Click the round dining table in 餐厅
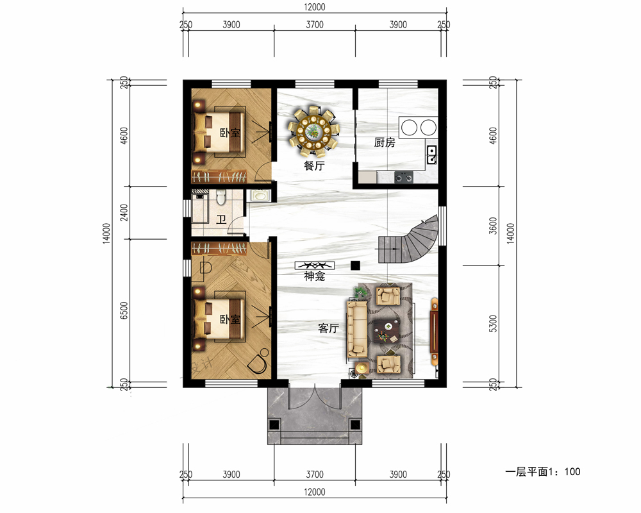(x=314, y=131)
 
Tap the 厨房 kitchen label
(x=385, y=142)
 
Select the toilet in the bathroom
(x=221, y=198)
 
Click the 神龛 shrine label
(x=314, y=276)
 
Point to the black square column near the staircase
(x=355, y=265)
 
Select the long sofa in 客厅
(x=358, y=328)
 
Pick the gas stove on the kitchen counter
(x=403, y=177)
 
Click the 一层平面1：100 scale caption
(x=542, y=472)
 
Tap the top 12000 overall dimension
(x=314, y=7)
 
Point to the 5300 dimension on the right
(x=494, y=324)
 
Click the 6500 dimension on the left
(x=124, y=311)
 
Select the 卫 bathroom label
(x=221, y=220)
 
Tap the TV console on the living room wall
(x=434, y=332)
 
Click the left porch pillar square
(x=274, y=425)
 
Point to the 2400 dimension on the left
(x=124, y=213)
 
